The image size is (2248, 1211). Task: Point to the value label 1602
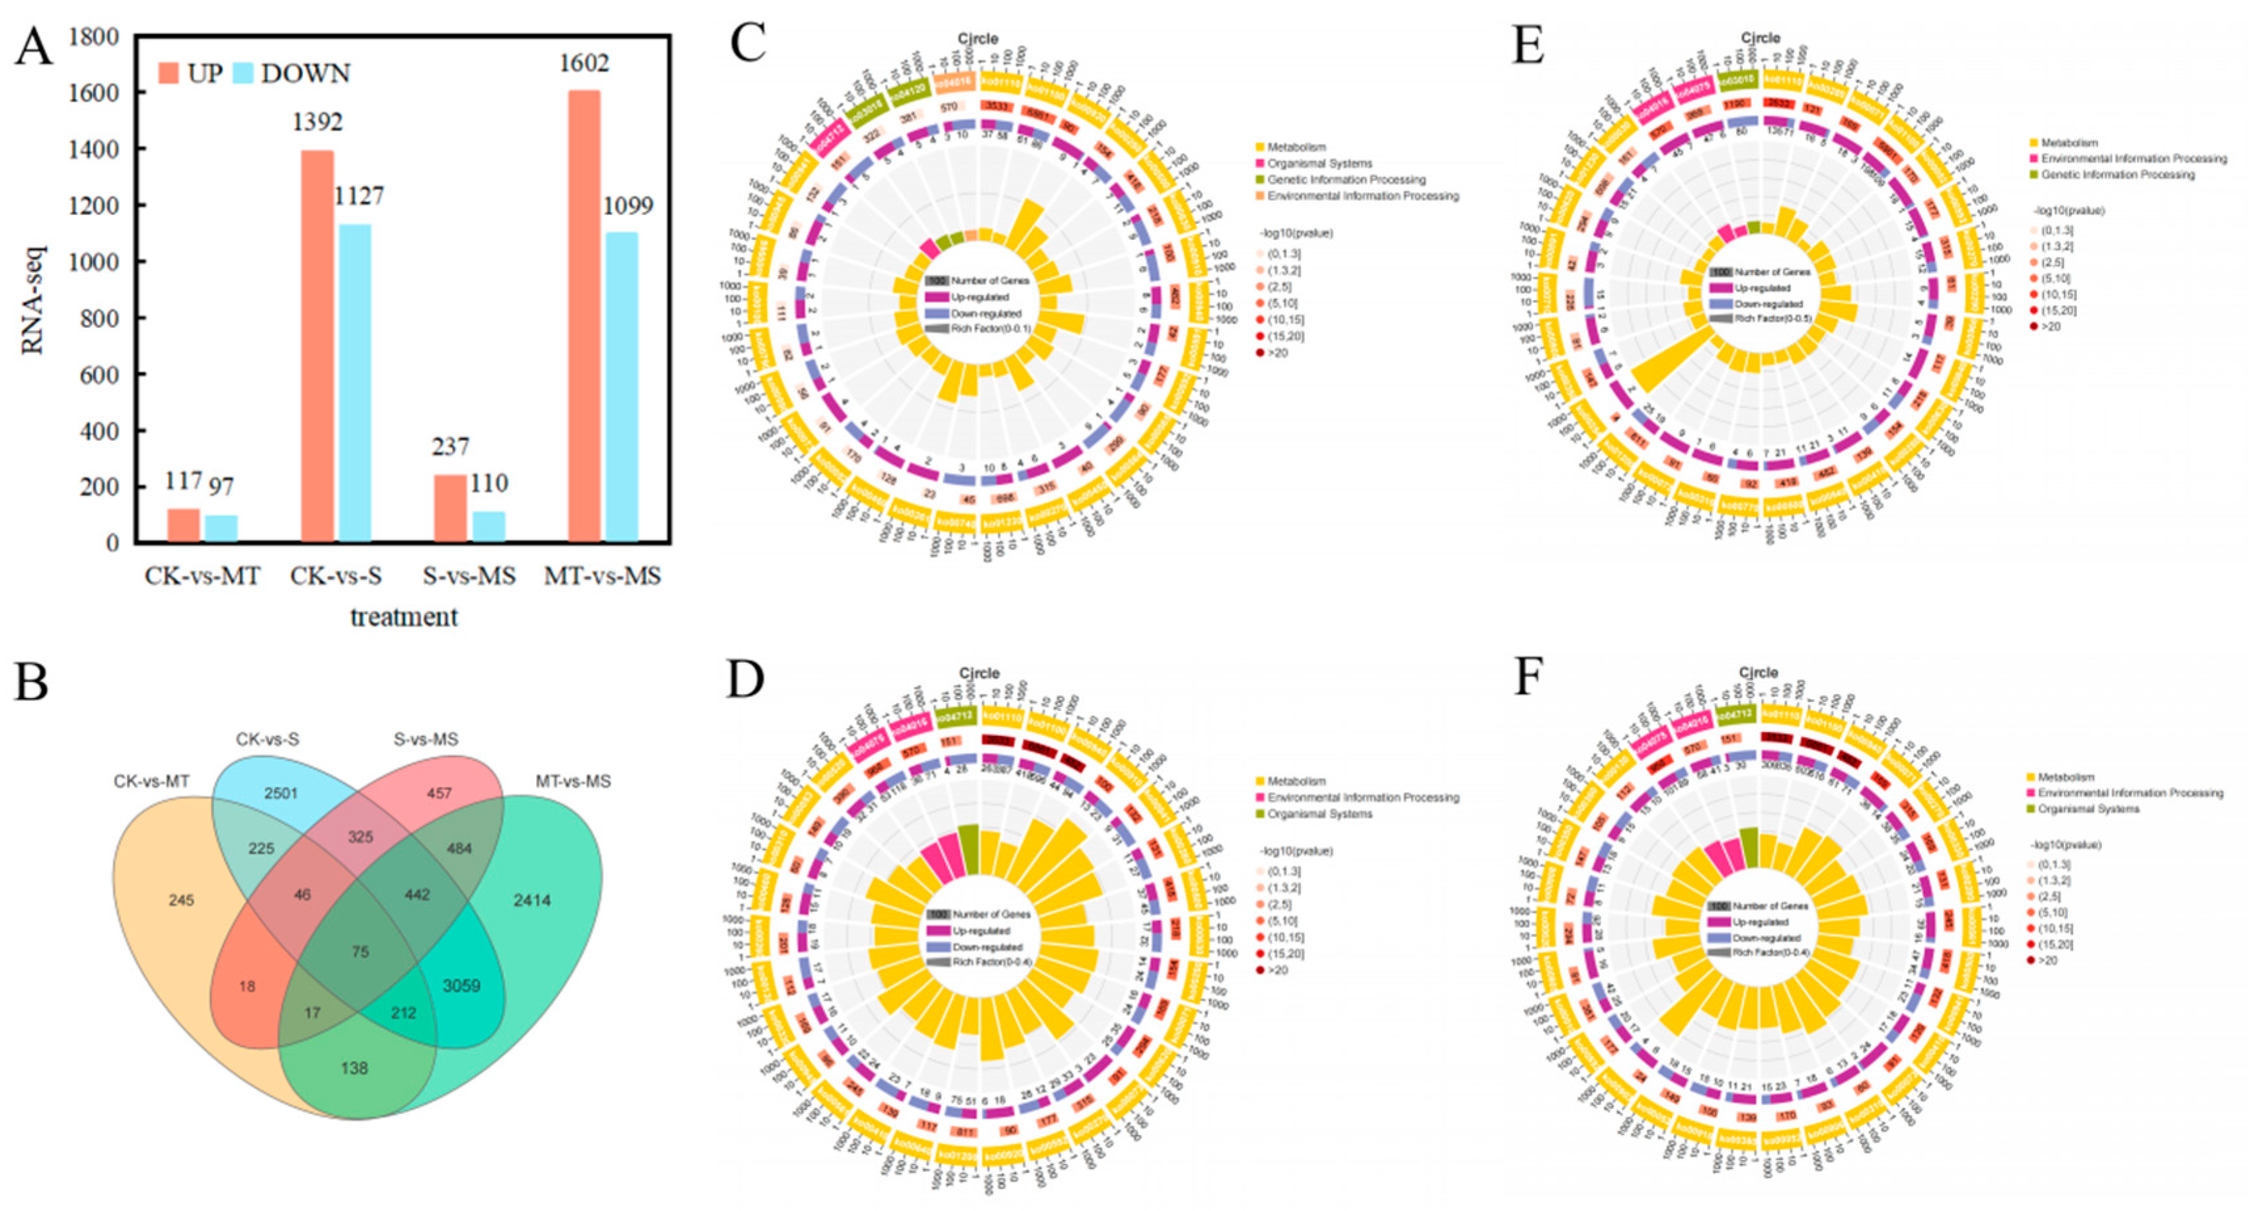(x=584, y=64)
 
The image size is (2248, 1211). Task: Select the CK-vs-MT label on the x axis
(x=202, y=577)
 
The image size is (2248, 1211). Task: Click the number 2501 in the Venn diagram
(x=281, y=793)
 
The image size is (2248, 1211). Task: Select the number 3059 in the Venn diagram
(x=461, y=986)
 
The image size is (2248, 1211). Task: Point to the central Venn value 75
(x=360, y=952)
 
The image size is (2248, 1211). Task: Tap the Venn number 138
(x=355, y=1068)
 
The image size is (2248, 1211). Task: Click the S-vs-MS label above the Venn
(x=426, y=740)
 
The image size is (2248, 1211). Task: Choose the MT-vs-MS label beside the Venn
(x=573, y=782)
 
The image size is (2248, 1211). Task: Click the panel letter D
(x=745, y=681)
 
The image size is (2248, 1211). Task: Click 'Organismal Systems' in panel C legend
(x=1319, y=163)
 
